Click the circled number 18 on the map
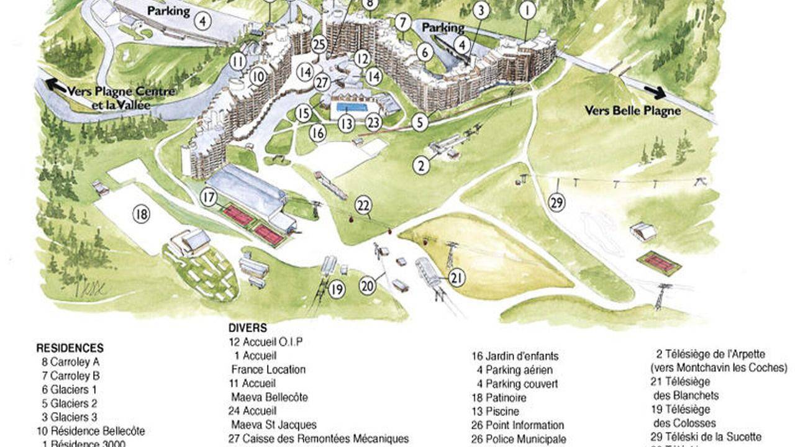[x=142, y=215]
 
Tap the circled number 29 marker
[x=557, y=202]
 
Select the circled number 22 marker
[x=364, y=205]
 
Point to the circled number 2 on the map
[x=422, y=165]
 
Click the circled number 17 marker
[x=209, y=198]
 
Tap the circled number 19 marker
[x=337, y=289]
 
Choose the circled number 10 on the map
[x=258, y=77]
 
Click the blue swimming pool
[x=352, y=107]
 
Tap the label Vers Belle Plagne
[x=632, y=111]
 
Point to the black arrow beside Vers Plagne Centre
[x=56, y=86]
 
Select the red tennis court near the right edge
[x=658, y=263]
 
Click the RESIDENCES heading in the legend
[x=70, y=348]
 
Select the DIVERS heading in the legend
[x=247, y=328]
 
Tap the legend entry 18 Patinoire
[x=499, y=397]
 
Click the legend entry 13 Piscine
[x=495, y=411]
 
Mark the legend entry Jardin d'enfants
[x=515, y=356]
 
